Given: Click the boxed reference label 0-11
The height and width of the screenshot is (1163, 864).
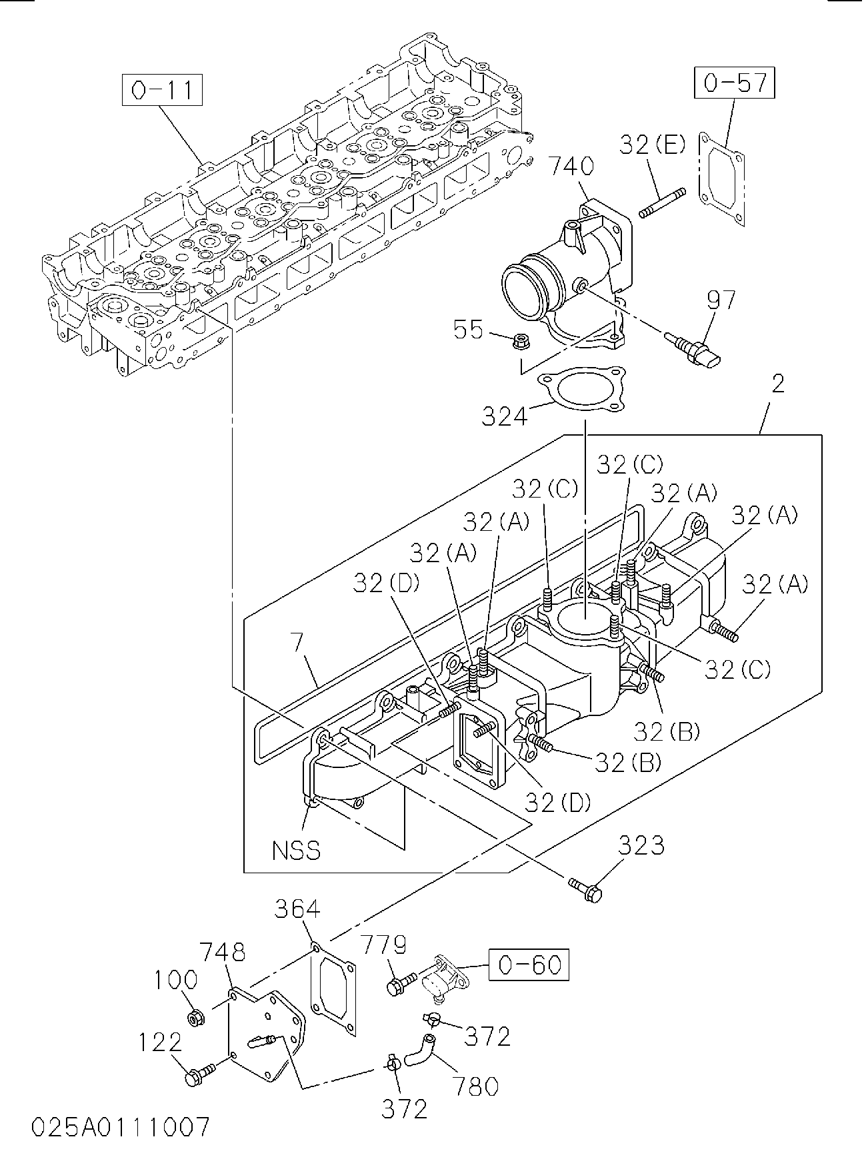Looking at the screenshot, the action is click(x=161, y=91).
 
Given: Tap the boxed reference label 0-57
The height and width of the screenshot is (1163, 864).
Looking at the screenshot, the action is click(x=735, y=83).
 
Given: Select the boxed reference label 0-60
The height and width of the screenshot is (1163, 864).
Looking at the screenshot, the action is click(x=529, y=964).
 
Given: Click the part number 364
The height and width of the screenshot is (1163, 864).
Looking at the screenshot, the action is click(x=298, y=909).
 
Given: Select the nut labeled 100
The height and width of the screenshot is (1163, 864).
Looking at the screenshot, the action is click(x=195, y=1018).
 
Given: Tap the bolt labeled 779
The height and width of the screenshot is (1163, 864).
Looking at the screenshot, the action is click(x=401, y=984).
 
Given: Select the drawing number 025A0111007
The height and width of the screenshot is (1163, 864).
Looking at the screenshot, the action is click(x=120, y=1128).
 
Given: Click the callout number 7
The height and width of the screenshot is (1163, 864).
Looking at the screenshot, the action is click(x=297, y=643).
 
